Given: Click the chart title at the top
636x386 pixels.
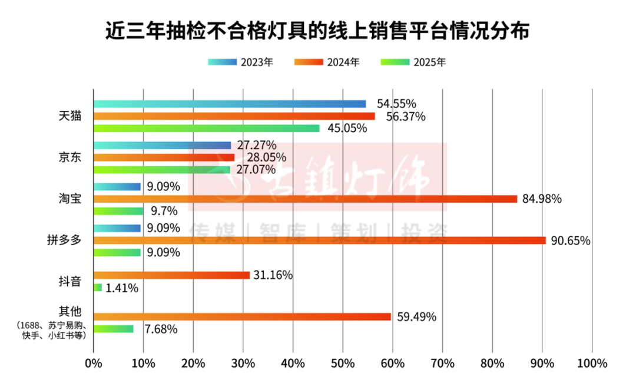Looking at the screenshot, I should tap(317, 31).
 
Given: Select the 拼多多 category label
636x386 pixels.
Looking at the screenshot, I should tap(64, 240).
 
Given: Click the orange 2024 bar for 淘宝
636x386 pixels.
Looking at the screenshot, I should tap(305, 199).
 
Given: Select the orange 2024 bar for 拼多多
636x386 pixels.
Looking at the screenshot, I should tap(319, 240).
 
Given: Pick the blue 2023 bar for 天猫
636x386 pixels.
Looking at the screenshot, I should tap(230, 104).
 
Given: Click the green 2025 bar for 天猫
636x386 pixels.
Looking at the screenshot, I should tap(206, 128).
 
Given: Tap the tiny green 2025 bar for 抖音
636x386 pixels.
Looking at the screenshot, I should tap(97, 288).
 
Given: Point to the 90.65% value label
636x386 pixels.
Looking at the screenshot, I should tap(570, 240).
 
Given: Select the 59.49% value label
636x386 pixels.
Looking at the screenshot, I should tap(416, 317).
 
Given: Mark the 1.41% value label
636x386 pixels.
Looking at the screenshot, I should tap(122, 288).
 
